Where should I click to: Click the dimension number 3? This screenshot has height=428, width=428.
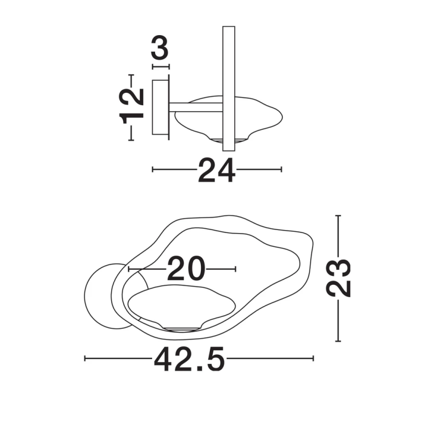point(160,48)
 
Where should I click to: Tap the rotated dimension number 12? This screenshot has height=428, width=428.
point(131,107)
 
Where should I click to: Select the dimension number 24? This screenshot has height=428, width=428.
point(217,171)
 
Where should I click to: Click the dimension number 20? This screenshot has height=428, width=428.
point(186,268)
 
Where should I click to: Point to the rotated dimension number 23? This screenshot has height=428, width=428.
point(338,278)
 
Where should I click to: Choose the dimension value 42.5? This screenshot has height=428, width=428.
point(190,359)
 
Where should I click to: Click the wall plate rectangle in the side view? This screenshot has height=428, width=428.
point(160,107)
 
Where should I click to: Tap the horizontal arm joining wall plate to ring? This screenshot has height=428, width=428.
point(196,107)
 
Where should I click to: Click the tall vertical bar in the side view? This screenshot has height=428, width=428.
point(229,89)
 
